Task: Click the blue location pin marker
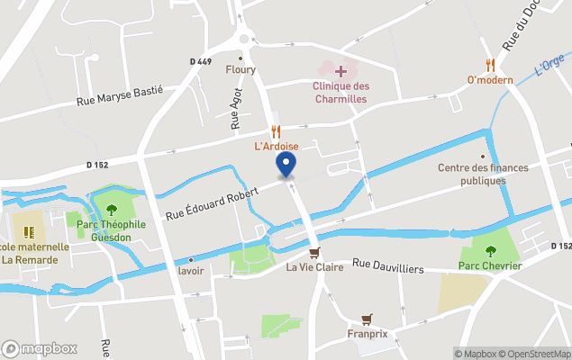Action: [x=286, y=165]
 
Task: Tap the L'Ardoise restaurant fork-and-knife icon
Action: [x=277, y=130]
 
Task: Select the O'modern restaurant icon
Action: [x=490, y=65]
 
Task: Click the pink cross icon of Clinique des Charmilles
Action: [x=340, y=70]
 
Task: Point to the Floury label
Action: [x=241, y=69]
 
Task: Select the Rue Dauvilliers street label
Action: [x=388, y=265]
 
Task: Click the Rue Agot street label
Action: [x=235, y=114]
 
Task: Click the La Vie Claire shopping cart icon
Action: [x=313, y=253]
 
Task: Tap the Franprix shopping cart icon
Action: [x=367, y=319]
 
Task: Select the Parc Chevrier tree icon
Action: [x=490, y=251]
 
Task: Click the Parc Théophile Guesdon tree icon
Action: [x=112, y=210]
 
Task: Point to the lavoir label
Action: [x=190, y=270]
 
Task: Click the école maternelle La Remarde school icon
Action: [x=26, y=231]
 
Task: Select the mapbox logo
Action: [x=40, y=348]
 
